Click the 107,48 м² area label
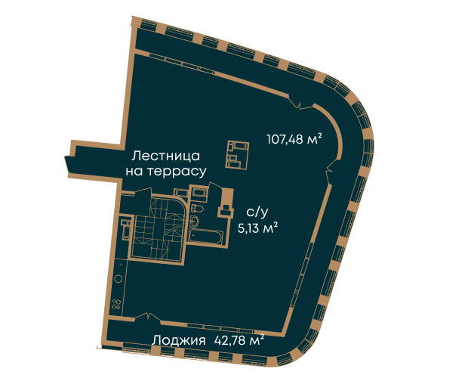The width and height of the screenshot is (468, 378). tap(294, 139)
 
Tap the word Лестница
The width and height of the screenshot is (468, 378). tap(166, 156)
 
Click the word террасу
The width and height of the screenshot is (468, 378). tap(177, 172)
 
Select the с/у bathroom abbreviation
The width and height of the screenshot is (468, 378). tap(257, 212)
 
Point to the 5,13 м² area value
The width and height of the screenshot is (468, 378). tap(257, 228)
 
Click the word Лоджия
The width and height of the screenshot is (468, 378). tap(179, 341)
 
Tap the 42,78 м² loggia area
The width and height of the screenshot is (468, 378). tap(239, 340)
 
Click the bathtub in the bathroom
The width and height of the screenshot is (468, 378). tap(206, 237)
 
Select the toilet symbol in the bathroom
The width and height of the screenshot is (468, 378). tap(197, 208)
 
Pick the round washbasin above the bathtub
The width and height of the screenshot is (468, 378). tap(195, 221)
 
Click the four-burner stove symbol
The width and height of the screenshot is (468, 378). tap(115, 304)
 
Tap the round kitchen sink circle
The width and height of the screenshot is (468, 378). tap(119, 279)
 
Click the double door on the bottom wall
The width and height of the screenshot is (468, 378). tap(148, 317)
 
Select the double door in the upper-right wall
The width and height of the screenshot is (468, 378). tap(301, 102)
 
